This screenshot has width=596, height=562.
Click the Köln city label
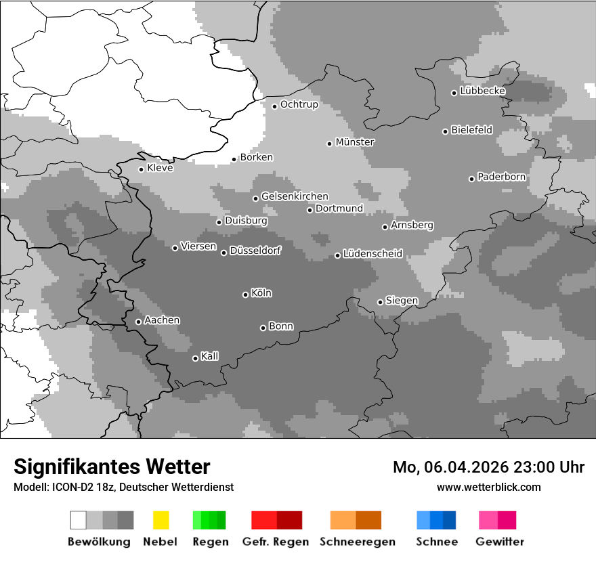pyautogui.click(x=261, y=293)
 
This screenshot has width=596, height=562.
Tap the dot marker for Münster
pyautogui.click(x=329, y=144)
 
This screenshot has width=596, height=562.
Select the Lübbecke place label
pyautogui.click(x=482, y=91)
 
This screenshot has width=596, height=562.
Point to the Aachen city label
pyautogui.click(x=162, y=320)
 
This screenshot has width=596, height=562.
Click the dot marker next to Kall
pyautogui.click(x=195, y=358)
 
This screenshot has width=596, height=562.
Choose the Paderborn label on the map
pyautogui.click(x=501, y=177)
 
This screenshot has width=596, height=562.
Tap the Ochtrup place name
pyautogui.click(x=299, y=104)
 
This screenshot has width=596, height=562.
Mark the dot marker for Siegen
pyautogui.click(x=380, y=302)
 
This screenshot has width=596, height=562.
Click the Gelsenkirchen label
pyautogui.click(x=295, y=196)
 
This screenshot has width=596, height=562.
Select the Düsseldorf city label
pyautogui.click(x=255, y=251)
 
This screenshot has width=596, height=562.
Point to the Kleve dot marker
pyautogui.click(x=141, y=169)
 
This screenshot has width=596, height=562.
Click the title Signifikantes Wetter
pyautogui.click(x=112, y=467)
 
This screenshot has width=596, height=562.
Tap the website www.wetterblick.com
pyautogui.click(x=488, y=487)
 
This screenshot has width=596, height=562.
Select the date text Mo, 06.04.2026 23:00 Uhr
pyautogui.click(x=488, y=467)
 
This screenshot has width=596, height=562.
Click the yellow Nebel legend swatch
pyautogui.click(x=161, y=520)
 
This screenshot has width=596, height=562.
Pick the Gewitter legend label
pyautogui.click(x=500, y=542)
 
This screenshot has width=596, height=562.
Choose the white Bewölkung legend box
pyautogui.click(x=79, y=520)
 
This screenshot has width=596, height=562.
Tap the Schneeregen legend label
pyautogui.click(x=357, y=542)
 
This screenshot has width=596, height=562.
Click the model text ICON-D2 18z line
pyautogui.click(x=123, y=487)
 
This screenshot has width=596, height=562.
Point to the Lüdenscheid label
pyautogui.click(x=372, y=254)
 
